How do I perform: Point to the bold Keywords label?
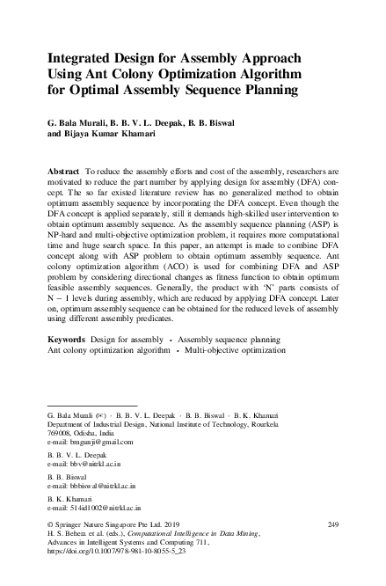tap(63, 363)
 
